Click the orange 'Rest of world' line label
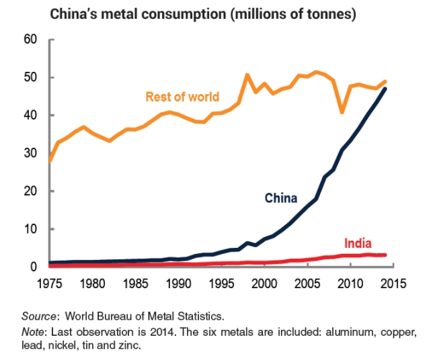click(182, 97)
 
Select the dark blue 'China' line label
click(281, 198)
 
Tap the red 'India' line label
click(358, 243)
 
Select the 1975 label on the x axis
click(48, 284)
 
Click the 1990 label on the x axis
click(177, 284)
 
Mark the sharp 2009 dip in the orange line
click(342, 111)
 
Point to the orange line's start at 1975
click(49, 161)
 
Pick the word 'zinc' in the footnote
click(128, 346)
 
